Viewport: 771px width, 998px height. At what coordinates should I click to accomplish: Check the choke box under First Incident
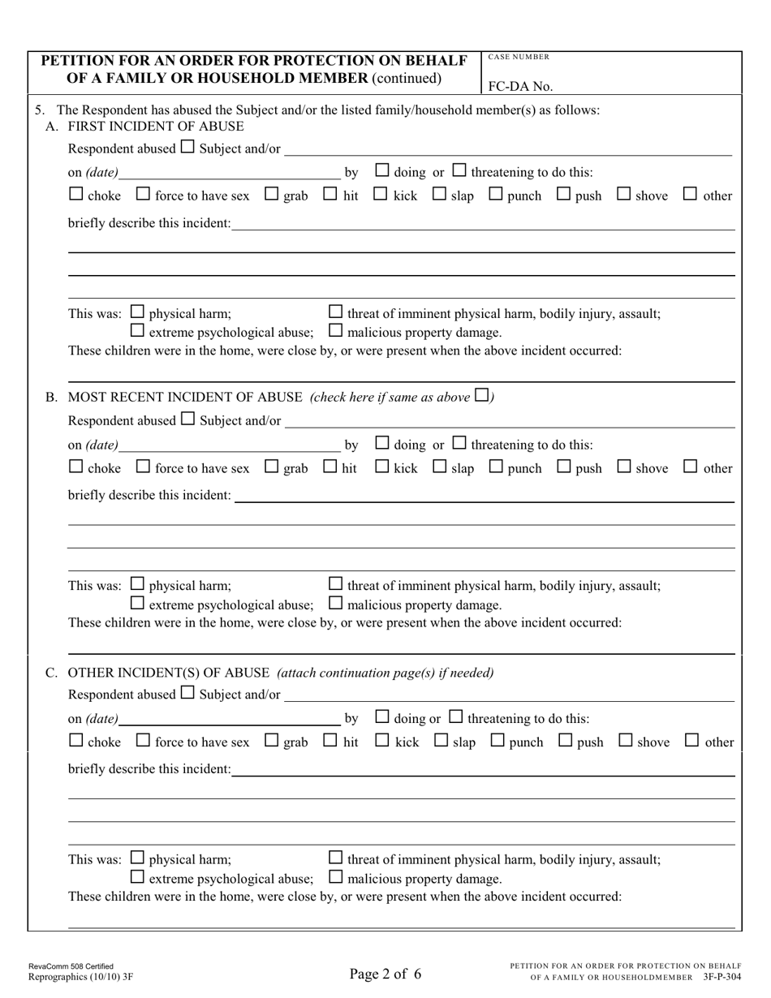(x=75, y=194)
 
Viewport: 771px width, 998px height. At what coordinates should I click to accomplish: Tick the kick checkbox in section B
(x=381, y=467)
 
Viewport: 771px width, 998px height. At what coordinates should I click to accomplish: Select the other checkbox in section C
(x=692, y=740)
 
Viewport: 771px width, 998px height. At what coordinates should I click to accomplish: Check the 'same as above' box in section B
(x=481, y=396)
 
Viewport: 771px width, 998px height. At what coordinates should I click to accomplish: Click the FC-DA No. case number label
(x=519, y=85)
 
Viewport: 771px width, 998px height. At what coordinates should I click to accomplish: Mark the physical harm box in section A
(x=137, y=312)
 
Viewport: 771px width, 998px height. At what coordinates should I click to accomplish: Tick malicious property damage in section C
(x=335, y=877)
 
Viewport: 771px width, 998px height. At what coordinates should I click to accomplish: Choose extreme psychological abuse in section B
(x=137, y=604)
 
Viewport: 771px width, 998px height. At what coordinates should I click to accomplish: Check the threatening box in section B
(x=459, y=443)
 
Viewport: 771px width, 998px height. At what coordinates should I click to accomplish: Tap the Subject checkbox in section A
(x=187, y=148)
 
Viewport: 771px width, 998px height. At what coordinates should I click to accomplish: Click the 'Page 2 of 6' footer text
(x=385, y=974)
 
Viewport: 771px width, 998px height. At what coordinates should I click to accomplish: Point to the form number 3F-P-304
(x=723, y=978)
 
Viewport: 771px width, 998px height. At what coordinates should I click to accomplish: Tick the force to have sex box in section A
(x=143, y=194)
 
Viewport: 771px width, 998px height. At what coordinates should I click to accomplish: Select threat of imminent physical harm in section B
(x=335, y=583)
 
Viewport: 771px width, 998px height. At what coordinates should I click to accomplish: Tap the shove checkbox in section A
(x=624, y=194)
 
